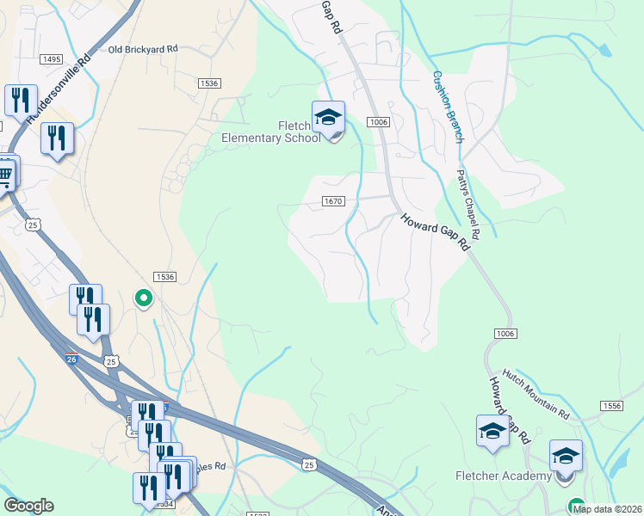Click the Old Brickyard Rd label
[x=143, y=49]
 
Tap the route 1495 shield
[x=51, y=58]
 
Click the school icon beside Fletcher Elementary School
[x=328, y=117]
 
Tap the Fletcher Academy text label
[x=504, y=476]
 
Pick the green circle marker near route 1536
[x=143, y=298]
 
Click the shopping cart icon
[x=5, y=175]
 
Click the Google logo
[x=28, y=506]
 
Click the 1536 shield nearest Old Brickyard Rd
[x=208, y=83]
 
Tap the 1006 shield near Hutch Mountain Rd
[x=505, y=333]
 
